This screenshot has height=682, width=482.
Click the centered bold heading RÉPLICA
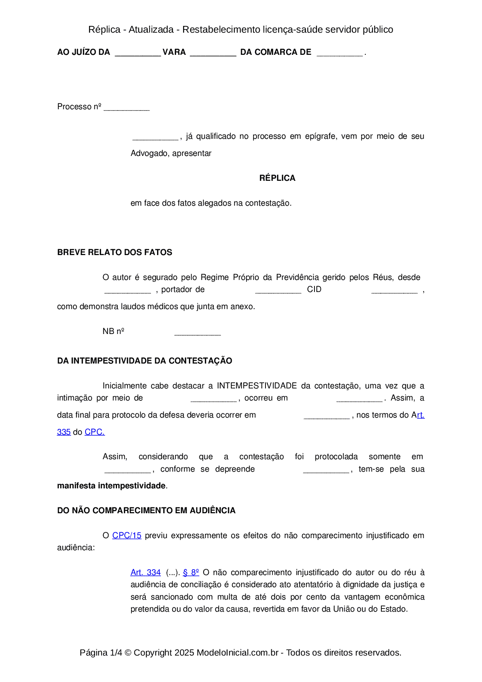[x=277, y=178]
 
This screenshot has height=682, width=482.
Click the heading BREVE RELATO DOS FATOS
[x=115, y=252]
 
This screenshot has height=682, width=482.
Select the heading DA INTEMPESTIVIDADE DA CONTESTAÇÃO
[x=145, y=361]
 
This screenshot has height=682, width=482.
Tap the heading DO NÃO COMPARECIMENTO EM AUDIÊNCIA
[x=146, y=511]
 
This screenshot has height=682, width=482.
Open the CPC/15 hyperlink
[x=127, y=535]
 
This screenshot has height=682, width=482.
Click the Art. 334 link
[x=145, y=572]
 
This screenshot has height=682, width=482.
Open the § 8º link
[x=191, y=572]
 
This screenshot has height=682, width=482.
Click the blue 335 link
[x=64, y=432]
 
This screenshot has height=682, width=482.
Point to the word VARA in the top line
[x=174, y=52]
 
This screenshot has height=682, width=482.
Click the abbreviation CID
[x=314, y=289]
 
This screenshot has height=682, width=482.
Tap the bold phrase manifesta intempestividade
[x=111, y=486]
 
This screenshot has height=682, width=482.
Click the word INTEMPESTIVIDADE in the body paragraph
[x=257, y=386]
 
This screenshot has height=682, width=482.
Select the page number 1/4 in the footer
[x=116, y=652]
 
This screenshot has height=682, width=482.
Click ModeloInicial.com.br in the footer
[x=238, y=652]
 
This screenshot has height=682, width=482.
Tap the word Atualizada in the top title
[x=151, y=30]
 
